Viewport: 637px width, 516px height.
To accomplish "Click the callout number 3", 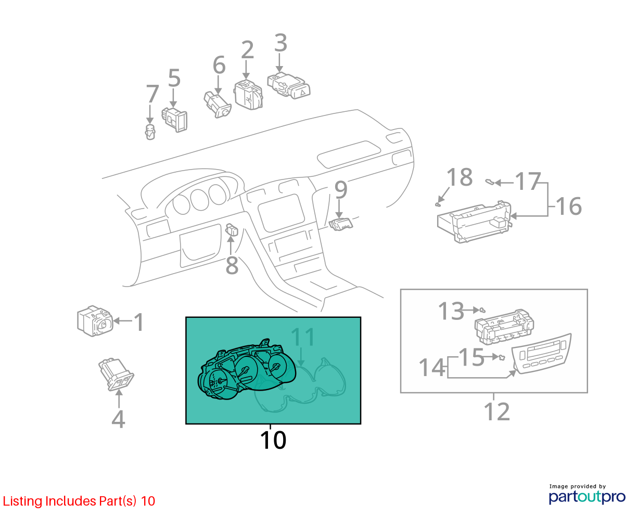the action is pyautogui.click(x=281, y=43).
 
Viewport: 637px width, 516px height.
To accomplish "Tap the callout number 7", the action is pyautogui.click(x=152, y=94).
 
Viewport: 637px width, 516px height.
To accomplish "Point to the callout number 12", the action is pyautogui.click(x=496, y=411).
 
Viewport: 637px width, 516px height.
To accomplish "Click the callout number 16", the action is pyautogui.click(x=568, y=206).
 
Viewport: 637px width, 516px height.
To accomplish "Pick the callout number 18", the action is pyautogui.click(x=460, y=177).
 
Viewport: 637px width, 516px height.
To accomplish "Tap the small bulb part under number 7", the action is pyautogui.click(x=150, y=132).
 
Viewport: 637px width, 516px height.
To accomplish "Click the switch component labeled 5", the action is pyautogui.click(x=175, y=120).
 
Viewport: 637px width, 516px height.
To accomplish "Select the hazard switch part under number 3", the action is pyautogui.click(x=289, y=85).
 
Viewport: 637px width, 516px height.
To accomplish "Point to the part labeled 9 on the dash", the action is pyautogui.click(x=341, y=224).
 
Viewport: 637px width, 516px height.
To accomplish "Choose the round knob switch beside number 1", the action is pyautogui.click(x=95, y=321).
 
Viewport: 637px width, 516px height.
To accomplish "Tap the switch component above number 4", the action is pyautogui.click(x=116, y=375).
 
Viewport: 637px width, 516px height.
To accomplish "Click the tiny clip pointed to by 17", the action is pyautogui.click(x=489, y=182).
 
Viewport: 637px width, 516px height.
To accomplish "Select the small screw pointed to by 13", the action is pyautogui.click(x=482, y=309).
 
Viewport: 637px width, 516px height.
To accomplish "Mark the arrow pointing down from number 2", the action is pyautogui.click(x=246, y=70).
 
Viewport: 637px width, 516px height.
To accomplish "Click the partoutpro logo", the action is pyautogui.click(x=587, y=497).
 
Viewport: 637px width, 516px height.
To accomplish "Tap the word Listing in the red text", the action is pyautogui.click(x=22, y=501).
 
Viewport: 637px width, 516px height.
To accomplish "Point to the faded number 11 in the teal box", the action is pyautogui.click(x=303, y=337).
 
